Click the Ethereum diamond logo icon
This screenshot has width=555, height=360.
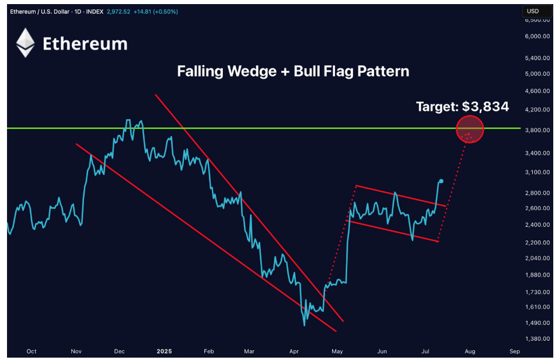pos(25,43)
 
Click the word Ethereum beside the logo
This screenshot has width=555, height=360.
pos(85,44)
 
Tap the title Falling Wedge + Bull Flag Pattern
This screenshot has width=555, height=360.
pos(293,72)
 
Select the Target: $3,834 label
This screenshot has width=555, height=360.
pos(462,107)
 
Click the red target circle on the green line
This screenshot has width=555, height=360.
pos(470,129)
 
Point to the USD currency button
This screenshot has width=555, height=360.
pos(533,11)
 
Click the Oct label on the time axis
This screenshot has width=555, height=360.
pos(32,351)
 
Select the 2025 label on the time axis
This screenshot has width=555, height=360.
pos(164,351)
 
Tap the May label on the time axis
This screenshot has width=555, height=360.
pos(337,351)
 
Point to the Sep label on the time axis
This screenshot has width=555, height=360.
pos(514,351)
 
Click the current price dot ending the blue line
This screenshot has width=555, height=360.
pos(441,181)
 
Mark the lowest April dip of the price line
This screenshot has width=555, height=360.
pos(304,324)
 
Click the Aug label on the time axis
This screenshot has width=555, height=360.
pos(470,351)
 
